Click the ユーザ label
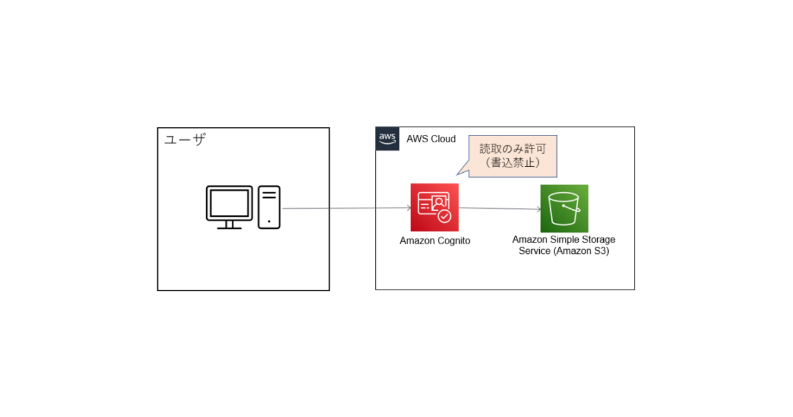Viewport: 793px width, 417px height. point(185,140)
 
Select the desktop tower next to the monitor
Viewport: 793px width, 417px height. point(269,207)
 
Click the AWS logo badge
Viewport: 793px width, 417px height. point(387,139)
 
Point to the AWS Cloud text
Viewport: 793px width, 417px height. point(431,139)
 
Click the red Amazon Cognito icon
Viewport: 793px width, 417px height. point(434,208)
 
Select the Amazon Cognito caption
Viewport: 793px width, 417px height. point(435,241)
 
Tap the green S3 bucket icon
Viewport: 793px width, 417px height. point(564,208)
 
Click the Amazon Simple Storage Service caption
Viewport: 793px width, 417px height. point(564,245)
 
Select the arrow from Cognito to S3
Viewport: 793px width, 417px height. point(500,209)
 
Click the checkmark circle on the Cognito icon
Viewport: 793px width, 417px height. point(445,216)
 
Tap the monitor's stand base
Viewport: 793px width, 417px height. point(229,227)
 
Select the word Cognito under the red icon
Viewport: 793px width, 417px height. point(453,241)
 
